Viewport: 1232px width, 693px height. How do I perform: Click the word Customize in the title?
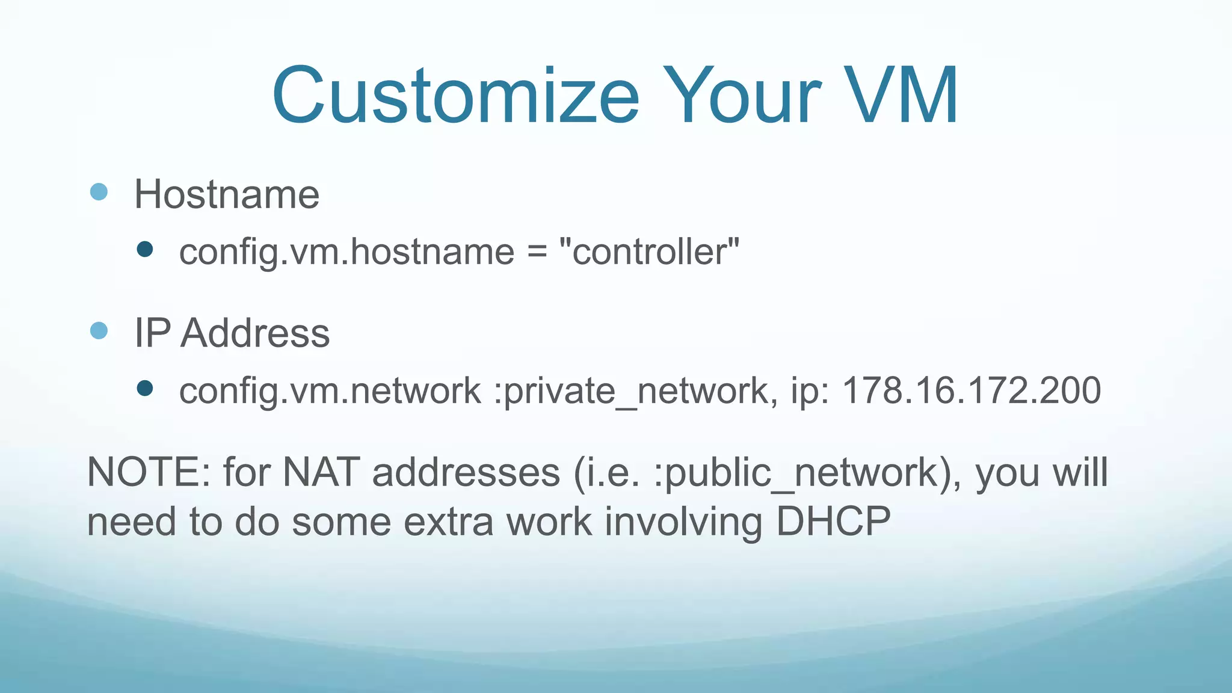pos(455,96)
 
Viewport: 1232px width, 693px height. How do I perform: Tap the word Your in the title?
pos(742,96)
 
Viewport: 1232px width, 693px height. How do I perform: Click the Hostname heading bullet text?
pos(227,194)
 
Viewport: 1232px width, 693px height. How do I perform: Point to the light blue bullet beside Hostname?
pos(99,192)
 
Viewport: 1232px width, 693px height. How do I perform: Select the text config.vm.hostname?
pos(346,251)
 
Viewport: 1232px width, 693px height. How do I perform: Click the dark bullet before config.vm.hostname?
pos(145,249)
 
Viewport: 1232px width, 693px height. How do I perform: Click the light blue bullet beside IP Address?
pos(99,330)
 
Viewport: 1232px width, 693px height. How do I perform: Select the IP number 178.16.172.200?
pos(972,390)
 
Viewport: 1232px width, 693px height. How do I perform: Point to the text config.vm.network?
pos(330,390)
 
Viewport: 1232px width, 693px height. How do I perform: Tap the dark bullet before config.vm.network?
pos(145,388)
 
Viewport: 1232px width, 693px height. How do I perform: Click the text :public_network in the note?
pos(795,473)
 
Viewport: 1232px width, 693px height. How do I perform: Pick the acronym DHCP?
pos(833,521)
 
